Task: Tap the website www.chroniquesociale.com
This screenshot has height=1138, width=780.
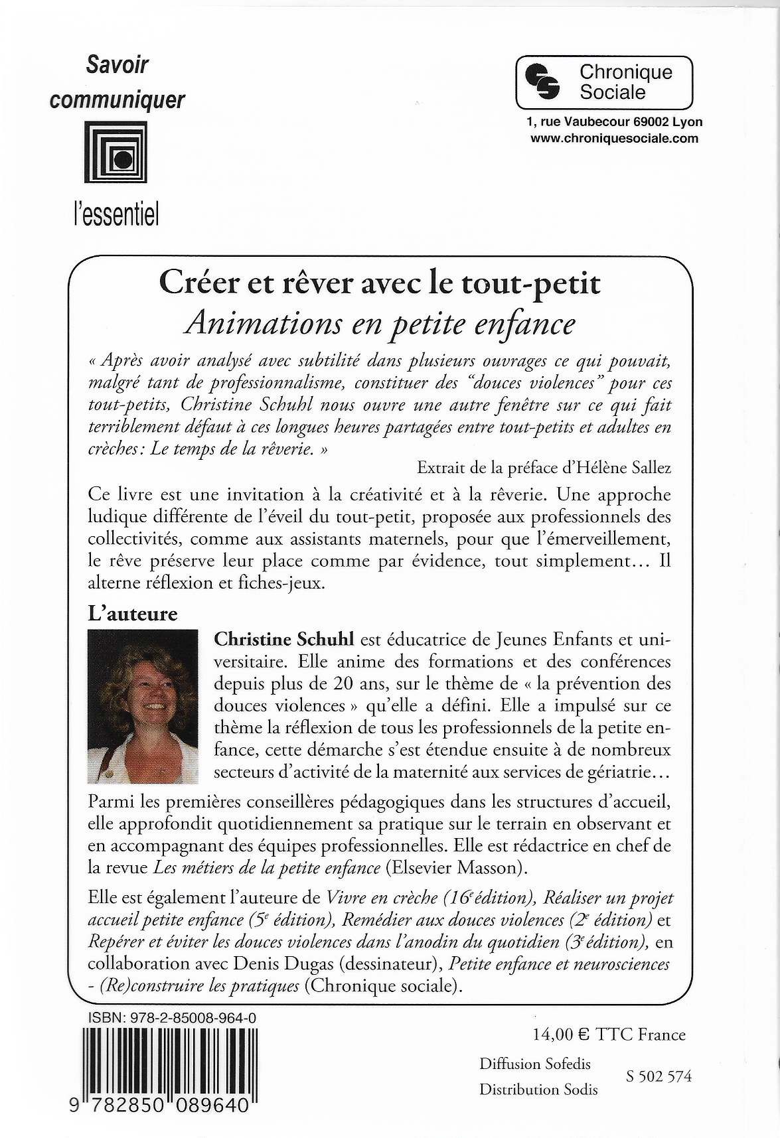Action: click(614, 138)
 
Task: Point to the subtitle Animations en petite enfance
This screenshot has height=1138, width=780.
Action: click(380, 323)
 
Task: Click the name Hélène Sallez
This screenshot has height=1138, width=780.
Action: click(625, 467)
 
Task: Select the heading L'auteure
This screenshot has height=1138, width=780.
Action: click(133, 614)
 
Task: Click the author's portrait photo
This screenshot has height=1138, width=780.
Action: click(142, 707)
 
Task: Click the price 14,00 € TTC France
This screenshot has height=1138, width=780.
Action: click(609, 1034)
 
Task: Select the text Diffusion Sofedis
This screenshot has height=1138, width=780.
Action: click(535, 1064)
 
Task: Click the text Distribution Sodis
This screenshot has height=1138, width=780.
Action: click(538, 1090)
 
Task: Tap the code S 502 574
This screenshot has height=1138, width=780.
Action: click(659, 1076)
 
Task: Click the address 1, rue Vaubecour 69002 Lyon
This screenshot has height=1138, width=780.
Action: click(614, 122)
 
